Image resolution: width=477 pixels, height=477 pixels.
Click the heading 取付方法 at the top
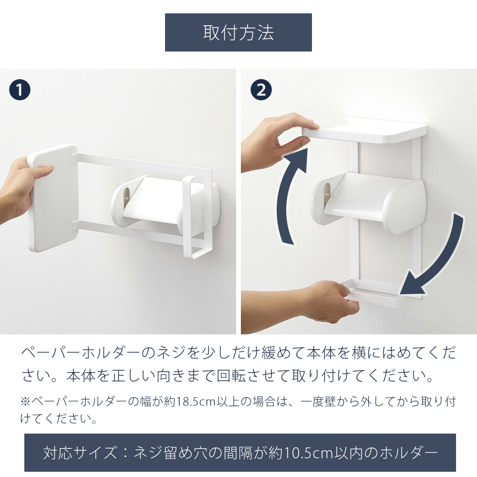pos(238,32)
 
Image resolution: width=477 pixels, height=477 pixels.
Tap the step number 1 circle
pos(20,90)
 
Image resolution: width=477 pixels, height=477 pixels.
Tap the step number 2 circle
pos(261,90)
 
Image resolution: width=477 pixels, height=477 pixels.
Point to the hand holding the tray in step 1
pos(18,188)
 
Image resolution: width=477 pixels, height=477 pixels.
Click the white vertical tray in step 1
pos(52,198)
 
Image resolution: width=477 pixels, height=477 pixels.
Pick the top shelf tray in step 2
pos(364,131)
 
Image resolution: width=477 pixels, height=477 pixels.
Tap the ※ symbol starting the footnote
pos(26,402)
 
